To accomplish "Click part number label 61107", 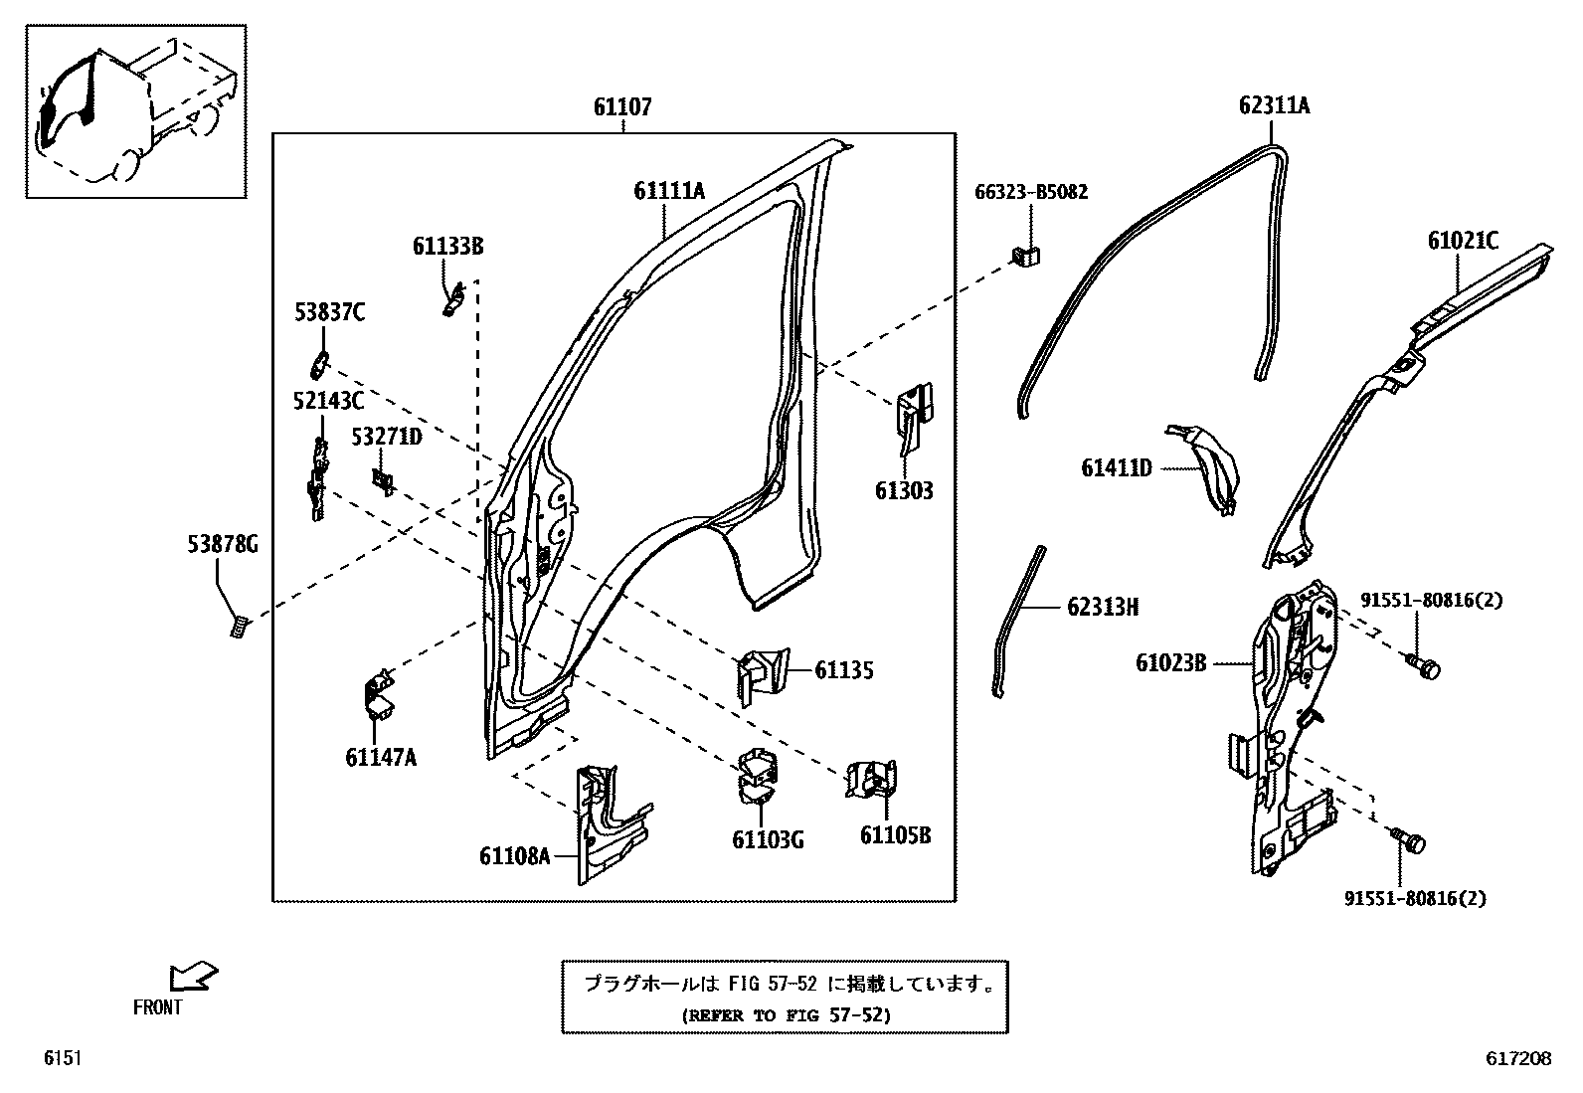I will point(622,106).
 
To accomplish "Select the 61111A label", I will point(669,191).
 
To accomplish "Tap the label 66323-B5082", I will point(1030,191).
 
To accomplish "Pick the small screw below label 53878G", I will point(239,627).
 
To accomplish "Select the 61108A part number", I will point(514,855).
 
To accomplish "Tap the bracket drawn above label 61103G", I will point(758,774).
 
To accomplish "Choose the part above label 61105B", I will point(872,778).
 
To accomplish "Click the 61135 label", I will point(844,670).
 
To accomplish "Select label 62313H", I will point(1103,607).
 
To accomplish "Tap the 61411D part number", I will point(1116,467).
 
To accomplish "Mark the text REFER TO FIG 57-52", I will point(786,1015).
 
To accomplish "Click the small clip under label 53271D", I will point(383,481).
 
